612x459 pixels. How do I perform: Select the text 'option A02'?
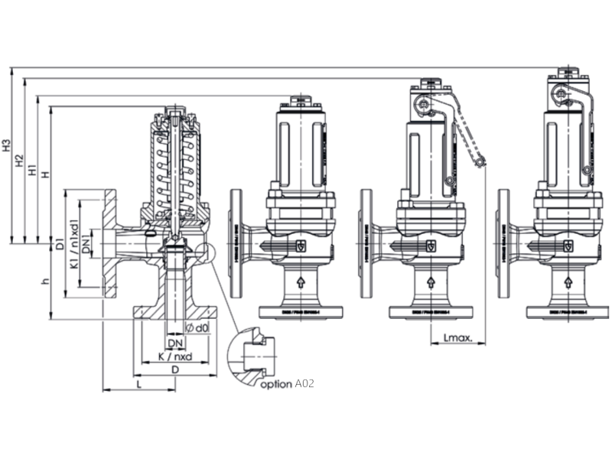287,384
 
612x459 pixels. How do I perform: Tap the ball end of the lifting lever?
480,162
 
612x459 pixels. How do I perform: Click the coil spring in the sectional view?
177,168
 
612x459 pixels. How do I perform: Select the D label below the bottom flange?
174,370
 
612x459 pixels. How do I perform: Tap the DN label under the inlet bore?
174,343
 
